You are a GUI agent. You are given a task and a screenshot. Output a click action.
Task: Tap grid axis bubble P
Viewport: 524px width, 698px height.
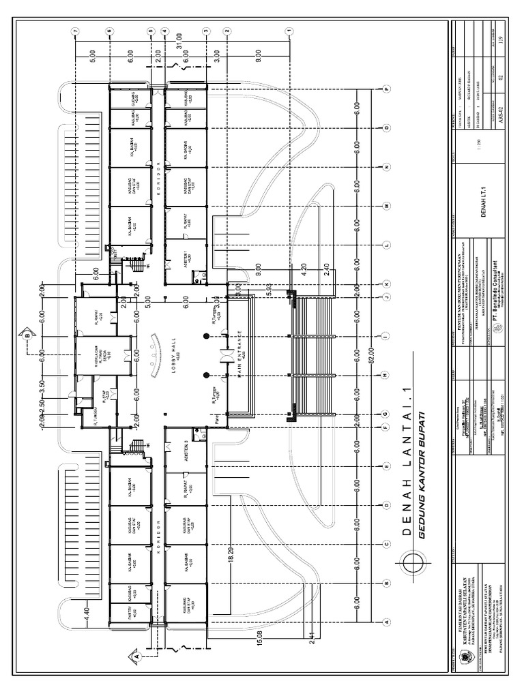(385, 88)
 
